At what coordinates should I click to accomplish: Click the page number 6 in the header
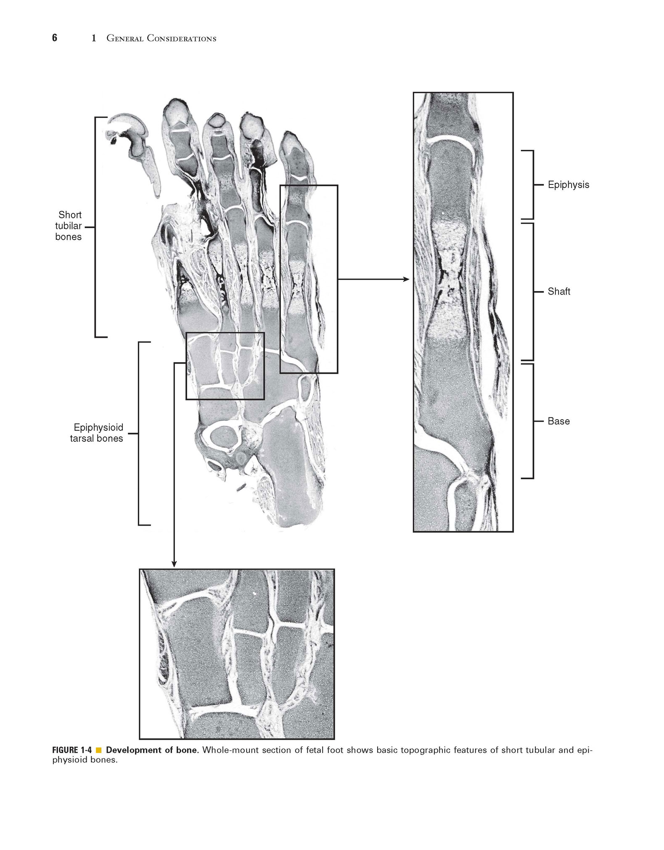coord(55,38)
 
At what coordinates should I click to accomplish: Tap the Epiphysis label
coord(569,185)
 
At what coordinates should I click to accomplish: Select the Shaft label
coord(559,291)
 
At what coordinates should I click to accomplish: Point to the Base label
coord(558,421)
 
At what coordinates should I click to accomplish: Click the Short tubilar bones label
coord(69,226)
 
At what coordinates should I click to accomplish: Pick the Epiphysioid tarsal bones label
coord(97,433)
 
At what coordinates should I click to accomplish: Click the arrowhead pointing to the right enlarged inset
coord(406,279)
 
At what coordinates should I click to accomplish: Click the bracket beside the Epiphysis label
coord(533,185)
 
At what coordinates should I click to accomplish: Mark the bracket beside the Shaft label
coord(533,292)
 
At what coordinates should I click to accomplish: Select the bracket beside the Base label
coord(533,421)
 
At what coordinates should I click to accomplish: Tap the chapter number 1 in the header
coord(94,38)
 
